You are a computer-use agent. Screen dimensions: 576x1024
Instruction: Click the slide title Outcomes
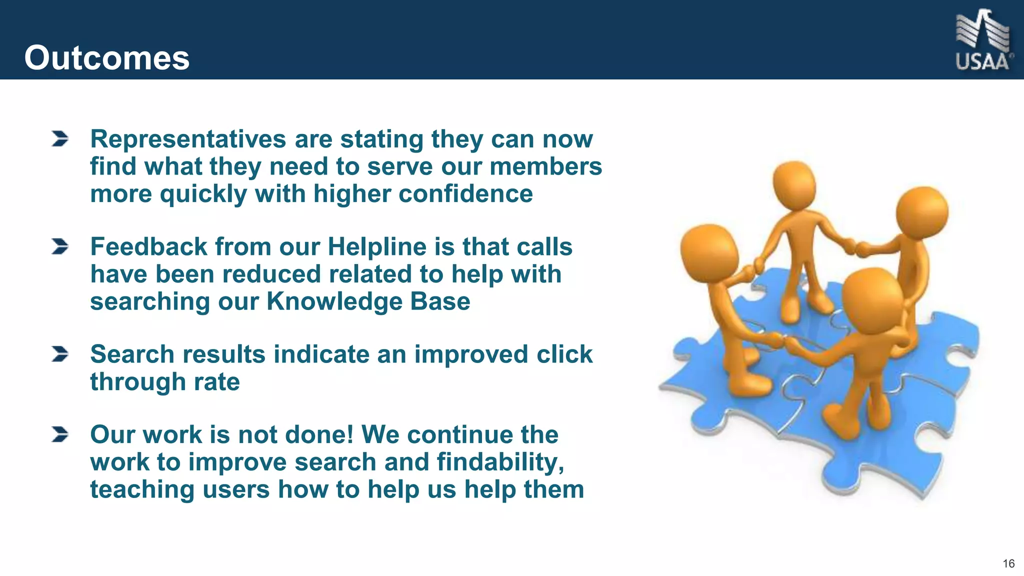pos(106,58)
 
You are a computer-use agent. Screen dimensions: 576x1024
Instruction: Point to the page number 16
pos(1008,564)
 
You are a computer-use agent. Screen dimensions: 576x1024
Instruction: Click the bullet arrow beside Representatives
pos(59,139)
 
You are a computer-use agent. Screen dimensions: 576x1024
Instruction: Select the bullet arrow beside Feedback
pos(59,246)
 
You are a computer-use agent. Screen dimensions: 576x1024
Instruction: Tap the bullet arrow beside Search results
pos(59,354)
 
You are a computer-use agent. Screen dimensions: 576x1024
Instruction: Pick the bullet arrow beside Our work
pos(59,434)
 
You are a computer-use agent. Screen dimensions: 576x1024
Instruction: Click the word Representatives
pos(188,139)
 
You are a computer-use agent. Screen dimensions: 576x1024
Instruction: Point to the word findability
pos(500,462)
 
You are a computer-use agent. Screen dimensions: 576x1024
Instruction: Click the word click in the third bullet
pos(564,354)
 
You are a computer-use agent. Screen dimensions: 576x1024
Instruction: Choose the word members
pos(545,166)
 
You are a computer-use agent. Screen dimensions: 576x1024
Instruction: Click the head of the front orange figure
pos(872,299)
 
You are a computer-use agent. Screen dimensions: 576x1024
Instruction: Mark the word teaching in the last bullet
pos(142,489)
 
